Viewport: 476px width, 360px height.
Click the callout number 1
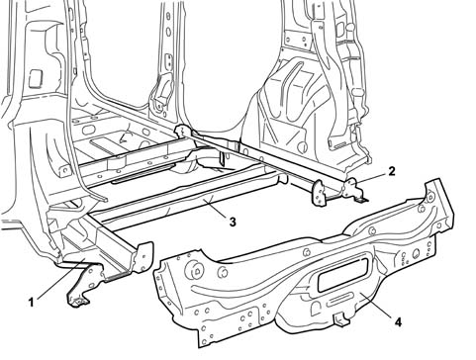pyautogui.click(x=32, y=302)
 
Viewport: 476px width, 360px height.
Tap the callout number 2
pyautogui.click(x=392, y=171)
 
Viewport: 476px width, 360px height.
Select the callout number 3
pyautogui.click(x=233, y=223)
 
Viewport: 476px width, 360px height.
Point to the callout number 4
pyautogui.click(x=399, y=322)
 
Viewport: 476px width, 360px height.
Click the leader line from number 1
pyautogui.click(x=61, y=279)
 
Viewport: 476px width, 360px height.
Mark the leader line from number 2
pyautogui.click(x=372, y=177)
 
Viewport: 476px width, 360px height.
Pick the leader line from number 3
pyautogui.click(x=216, y=208)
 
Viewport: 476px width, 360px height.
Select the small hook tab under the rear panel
pyautogui.click(x=340, y=319)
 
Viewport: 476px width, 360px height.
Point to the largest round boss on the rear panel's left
pyautogui.click(x=196, y=270)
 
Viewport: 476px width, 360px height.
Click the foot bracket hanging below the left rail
pyautogui.click(x=84, y=285)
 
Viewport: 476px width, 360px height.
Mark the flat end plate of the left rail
pyautogui.click(x=143, y=257)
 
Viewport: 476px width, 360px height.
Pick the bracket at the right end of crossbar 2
pyautogui.click(x=353, y=190)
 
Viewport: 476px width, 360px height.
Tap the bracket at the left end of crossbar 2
pyautogui.click(x=182, y=131)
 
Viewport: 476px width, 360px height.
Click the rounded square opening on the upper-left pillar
pyautogui.click(x=36, y=79)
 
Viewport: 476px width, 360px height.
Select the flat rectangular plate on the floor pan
pyautogui.click(x=106, y=143)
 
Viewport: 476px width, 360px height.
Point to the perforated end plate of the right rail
pyautogui.click(x=319, y=194)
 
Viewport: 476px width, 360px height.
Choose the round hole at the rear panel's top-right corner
pyautogui.click(x=430, y=198)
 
